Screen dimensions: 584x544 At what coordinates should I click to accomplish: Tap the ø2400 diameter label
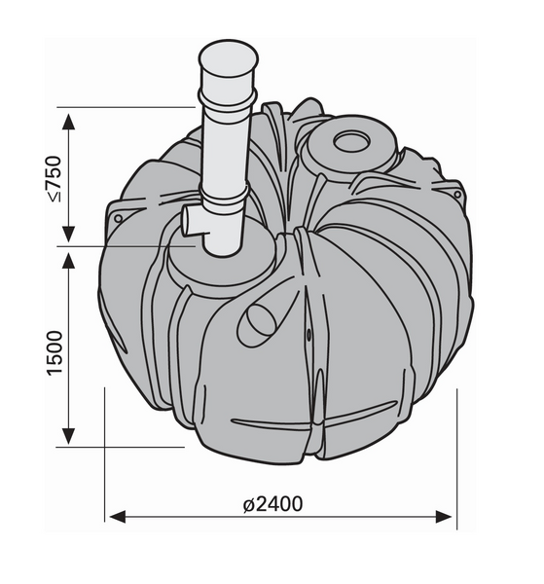[x=275, y=503]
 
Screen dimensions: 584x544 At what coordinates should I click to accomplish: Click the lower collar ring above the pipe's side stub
[x=226, y=201]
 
